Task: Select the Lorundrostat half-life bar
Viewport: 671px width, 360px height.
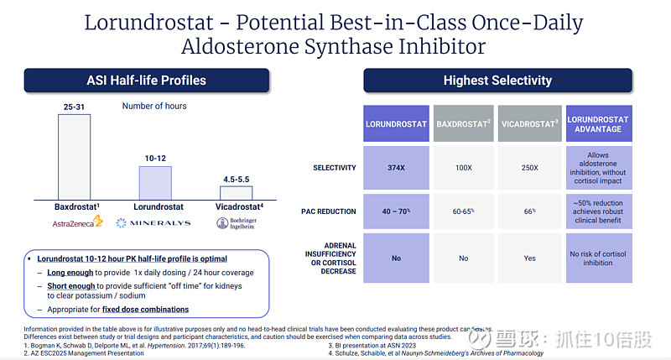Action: [x=154, y=182]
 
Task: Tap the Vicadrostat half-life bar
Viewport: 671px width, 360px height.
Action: [x=236, y=192]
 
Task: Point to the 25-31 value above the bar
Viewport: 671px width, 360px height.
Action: [x=75, y=107]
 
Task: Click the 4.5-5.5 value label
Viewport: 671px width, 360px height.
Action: [x=236, y=179]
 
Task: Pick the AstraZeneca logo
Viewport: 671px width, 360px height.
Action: [x=75, y=222]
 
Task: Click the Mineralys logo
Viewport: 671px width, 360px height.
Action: [x=153, y=222]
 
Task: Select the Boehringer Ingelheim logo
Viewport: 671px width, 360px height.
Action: [x=236, y=223]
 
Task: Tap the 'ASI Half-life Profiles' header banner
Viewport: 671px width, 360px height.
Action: [x=146, y=81]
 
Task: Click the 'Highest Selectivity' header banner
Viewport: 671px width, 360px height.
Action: [x=497, y=81]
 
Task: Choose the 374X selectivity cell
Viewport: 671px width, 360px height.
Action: [x=396, y=168]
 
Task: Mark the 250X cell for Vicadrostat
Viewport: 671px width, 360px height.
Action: [x=529, y=168]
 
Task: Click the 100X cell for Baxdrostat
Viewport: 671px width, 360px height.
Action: [x=463, y=168]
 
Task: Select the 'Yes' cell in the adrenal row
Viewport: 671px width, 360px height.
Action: [x=529, y=258]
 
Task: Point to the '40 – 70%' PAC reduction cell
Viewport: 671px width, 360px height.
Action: [x=396, y=212]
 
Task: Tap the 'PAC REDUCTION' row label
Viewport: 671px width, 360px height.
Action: [x=327, y=212]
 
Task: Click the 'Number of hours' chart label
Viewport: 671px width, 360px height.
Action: [x=154, y=107]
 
